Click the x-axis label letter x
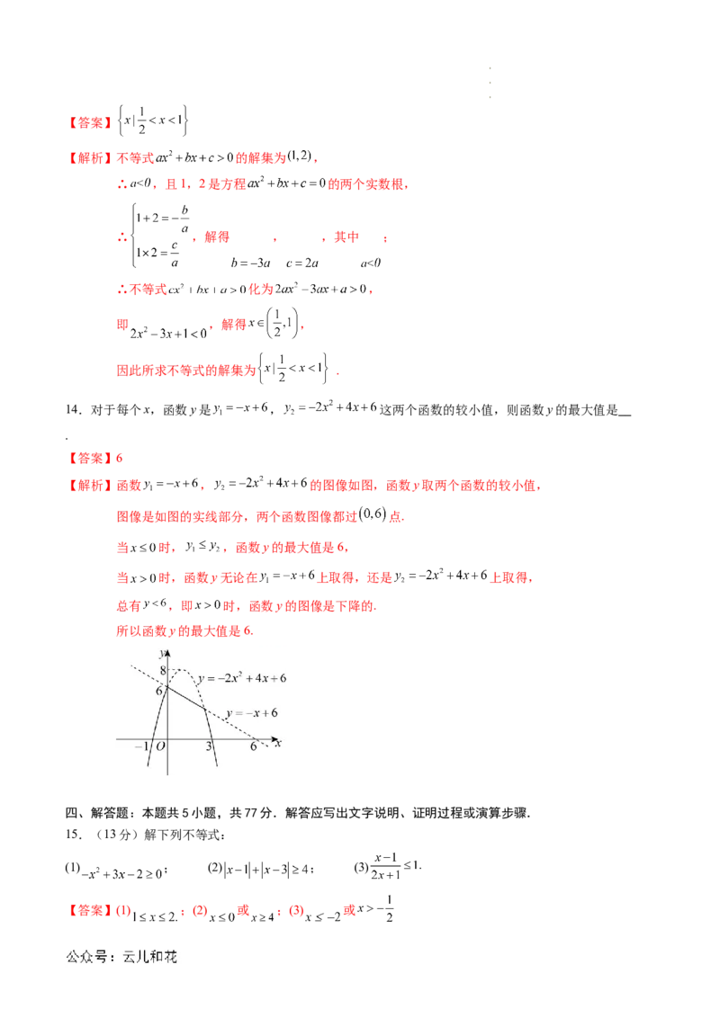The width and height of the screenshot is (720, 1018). (279, 744)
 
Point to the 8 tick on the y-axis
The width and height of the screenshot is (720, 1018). (163, 671)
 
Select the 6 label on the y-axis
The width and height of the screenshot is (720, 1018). (159, 691)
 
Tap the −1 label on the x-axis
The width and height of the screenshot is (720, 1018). (141, 747)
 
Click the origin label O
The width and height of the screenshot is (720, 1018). (160, 747)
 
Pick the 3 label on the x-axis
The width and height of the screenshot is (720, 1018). (209, 747)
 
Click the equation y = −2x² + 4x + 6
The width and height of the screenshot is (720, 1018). (242, 678)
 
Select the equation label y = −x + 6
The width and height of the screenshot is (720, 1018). (251, 712)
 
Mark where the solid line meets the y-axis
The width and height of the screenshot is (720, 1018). (168, 688)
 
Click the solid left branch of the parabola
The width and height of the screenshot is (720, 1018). (157, 728)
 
